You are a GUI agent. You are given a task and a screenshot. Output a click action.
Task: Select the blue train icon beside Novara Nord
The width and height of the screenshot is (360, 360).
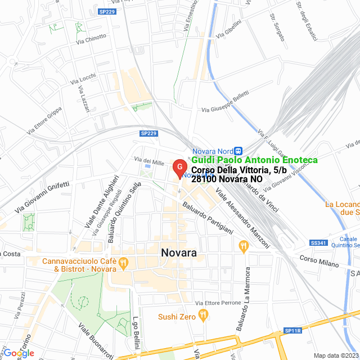point(238,151)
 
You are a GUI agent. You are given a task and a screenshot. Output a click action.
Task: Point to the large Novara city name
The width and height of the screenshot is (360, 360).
point(179,253)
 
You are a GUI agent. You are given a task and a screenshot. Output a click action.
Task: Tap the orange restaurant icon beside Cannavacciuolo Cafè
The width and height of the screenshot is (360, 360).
point(124,263)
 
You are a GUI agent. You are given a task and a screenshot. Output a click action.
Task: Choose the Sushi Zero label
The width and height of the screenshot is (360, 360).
point(177,317)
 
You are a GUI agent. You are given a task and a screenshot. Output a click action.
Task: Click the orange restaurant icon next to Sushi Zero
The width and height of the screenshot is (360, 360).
point(203,317)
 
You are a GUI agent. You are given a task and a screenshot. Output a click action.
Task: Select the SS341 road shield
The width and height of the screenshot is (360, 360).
point(318,243)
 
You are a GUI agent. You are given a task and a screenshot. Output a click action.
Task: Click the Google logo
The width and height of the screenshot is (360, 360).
point(18,353)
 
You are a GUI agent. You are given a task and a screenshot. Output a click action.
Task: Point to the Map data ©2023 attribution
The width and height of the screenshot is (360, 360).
point(336,355)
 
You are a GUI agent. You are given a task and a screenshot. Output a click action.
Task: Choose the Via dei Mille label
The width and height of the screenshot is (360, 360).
point(149,162)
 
